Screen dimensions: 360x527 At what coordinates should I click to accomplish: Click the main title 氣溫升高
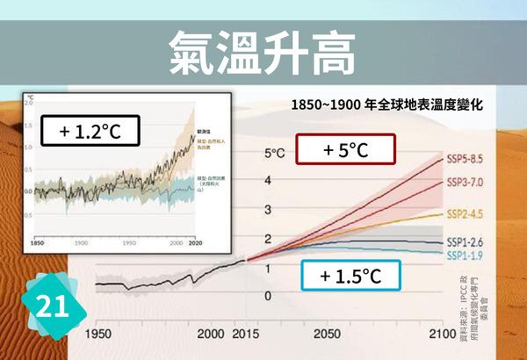click(263, 54)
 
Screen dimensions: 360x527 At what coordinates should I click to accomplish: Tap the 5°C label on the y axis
click(275, 154)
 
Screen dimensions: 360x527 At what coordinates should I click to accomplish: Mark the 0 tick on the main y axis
click(269, 295)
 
